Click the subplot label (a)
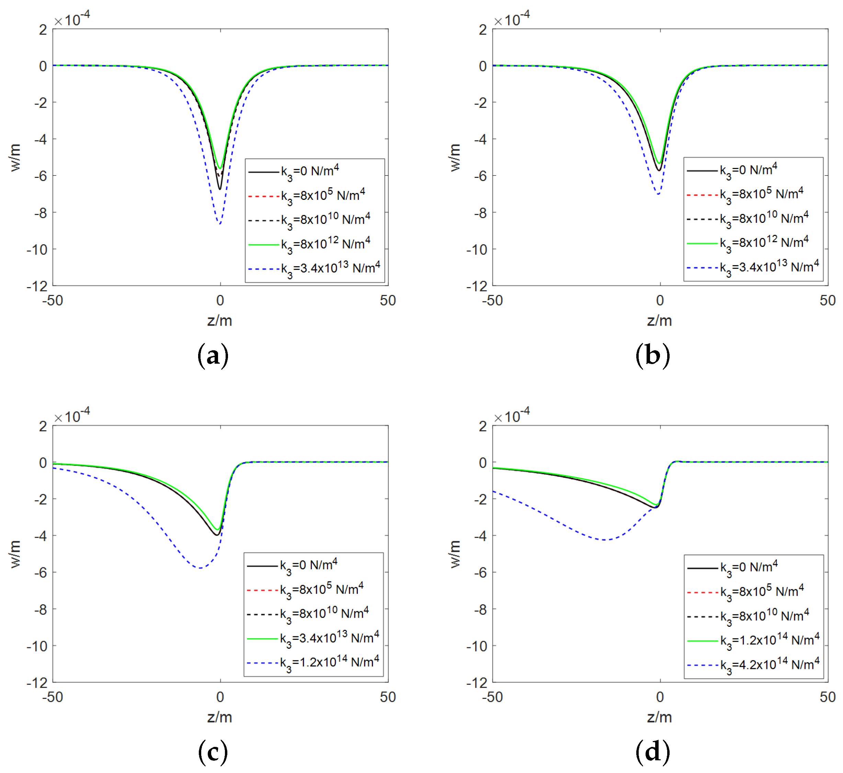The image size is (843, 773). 213,355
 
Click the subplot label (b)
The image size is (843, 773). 652,355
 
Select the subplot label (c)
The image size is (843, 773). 213,752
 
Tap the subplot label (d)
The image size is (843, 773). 652,752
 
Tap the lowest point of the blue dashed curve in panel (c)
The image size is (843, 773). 200,568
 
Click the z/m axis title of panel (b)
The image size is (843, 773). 659,321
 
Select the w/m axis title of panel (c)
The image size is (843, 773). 15,554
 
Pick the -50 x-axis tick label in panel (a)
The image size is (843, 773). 53,300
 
